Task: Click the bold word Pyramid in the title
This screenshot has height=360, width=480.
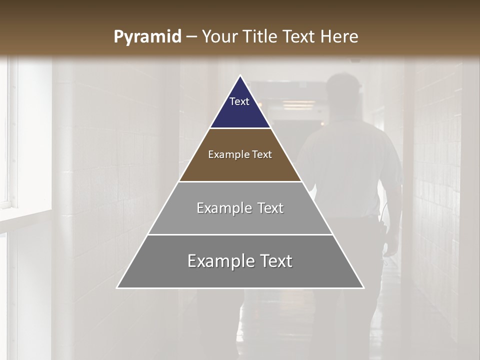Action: pyautogui.click(x=147, y=37)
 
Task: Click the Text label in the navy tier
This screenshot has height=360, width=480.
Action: pyautogui.click(x=239, y=101)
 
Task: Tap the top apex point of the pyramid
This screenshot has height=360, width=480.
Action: pyautogui.click(x=240, y=75)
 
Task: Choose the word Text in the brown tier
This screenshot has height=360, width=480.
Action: pyautogui.click(x=262, y=155)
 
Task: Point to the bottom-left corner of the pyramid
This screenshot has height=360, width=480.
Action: pyautogui.click(x=117, y=288)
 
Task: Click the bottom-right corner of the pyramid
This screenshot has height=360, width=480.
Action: pyautogui.click(x=363, y=288)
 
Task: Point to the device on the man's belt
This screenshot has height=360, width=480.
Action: pyautogui.click(x=383, y=230)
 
